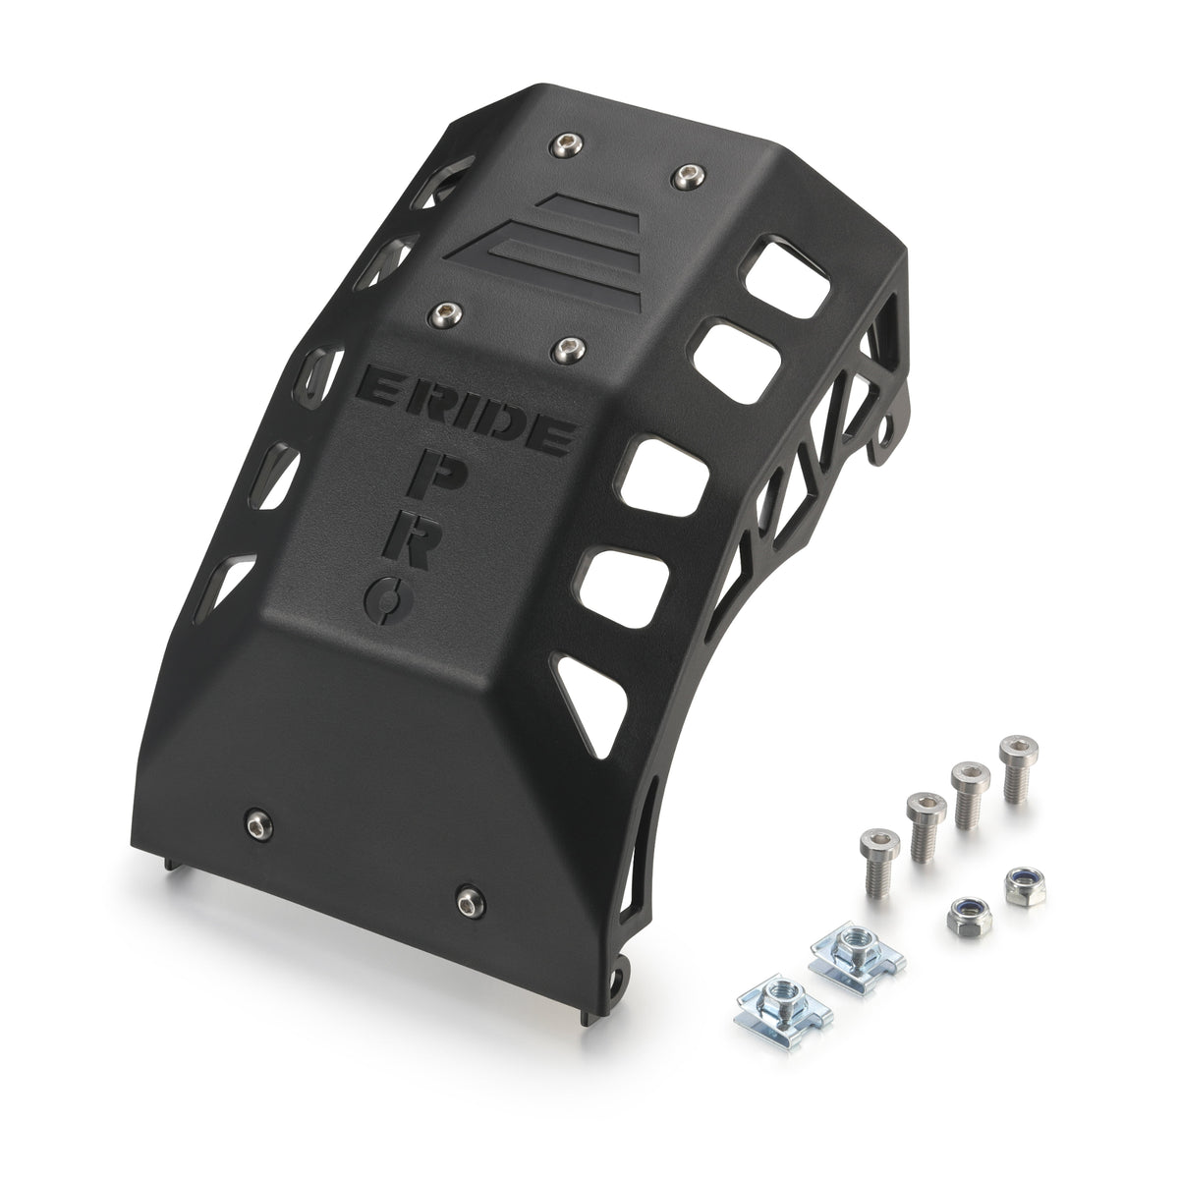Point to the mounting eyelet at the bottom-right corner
point(616,982)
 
